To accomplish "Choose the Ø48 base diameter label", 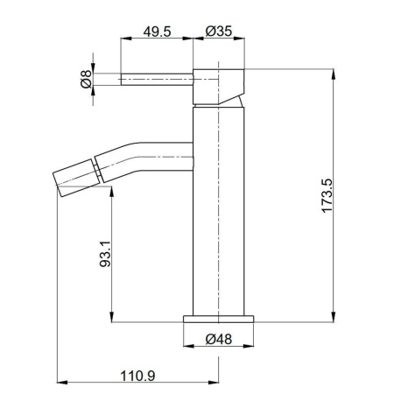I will (219, 340).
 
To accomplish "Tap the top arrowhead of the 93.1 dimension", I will (111, 192).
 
